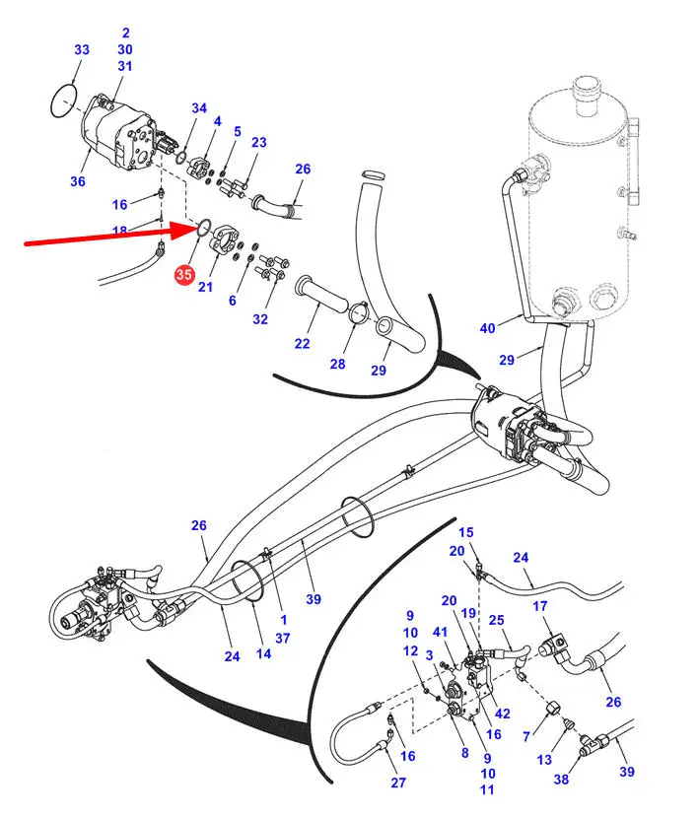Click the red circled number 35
click(184, 274)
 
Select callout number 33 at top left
click(82, 49)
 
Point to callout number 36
click(78, 181)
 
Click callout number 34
click(199, 107)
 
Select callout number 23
click(259, 142)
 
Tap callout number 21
click(205, 287)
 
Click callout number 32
click(260, 319)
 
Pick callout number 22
click(302, 343)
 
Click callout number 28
click(337, 364)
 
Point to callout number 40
click(487, 328)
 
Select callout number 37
click(283, 638)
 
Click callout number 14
click(263, 653)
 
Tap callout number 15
click(466, 532)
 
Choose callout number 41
click(441, 632)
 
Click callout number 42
click(502, 714)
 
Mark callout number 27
click(398, 783)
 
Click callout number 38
click(561, 779)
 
